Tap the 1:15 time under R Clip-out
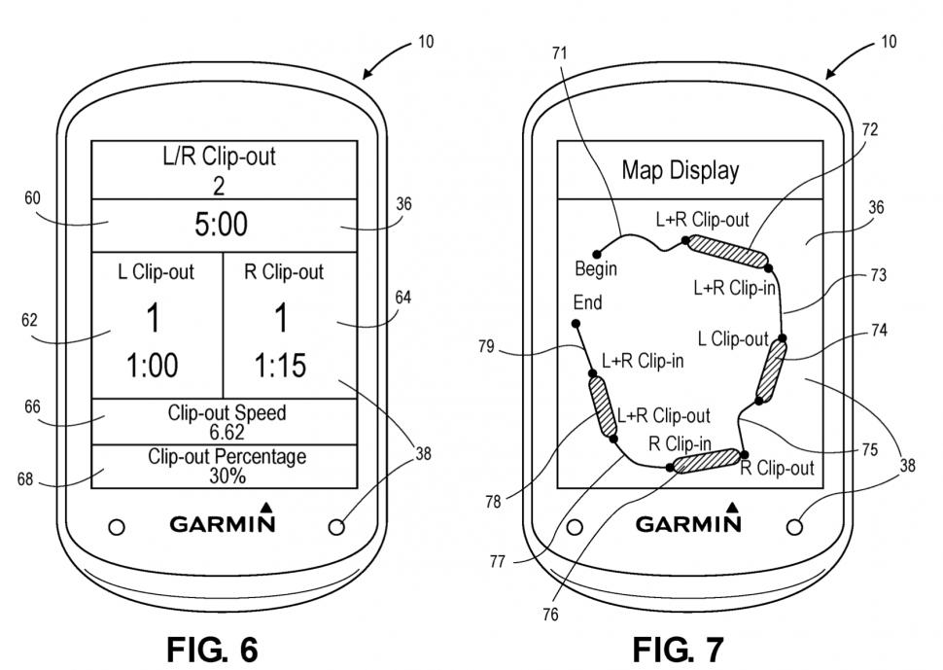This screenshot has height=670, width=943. coord(279,366)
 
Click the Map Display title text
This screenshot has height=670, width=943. coord(681,171)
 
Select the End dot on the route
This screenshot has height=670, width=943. coord(576,323)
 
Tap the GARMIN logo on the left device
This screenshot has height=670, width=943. coord(223,524)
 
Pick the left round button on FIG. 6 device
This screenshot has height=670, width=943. coord(117,526)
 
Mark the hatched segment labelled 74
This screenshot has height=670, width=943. coord(771,370)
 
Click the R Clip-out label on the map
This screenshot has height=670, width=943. coord(777,468)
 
